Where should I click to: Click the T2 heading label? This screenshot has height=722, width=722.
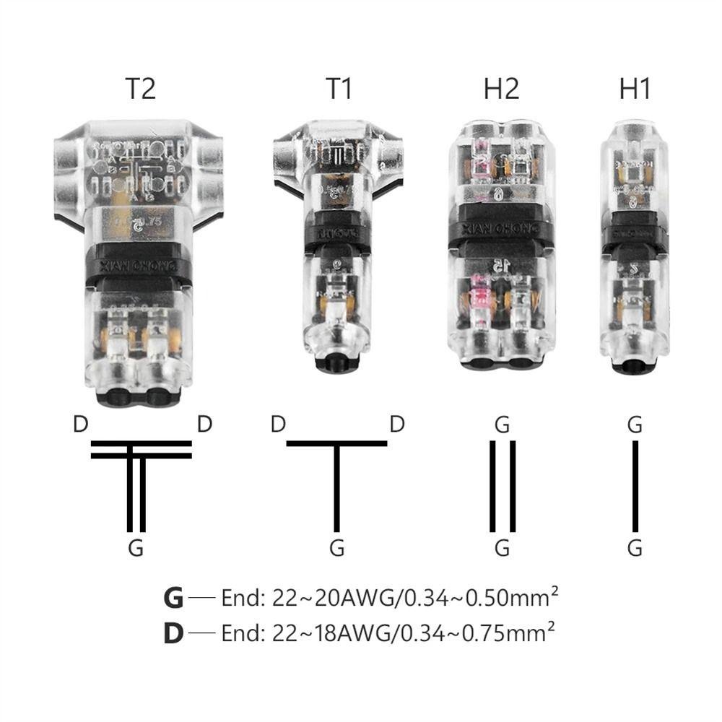pyautogui.click(x=140, y=89)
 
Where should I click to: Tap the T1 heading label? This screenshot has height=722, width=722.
pyautogui.click(x=340, y=89)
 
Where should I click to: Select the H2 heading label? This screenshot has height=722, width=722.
pyautogui.click(x=501, y=89)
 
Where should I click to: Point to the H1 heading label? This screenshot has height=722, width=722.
pyautogui.click(x=635, y=89)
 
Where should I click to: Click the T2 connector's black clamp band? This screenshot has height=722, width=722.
pyautogui.click(x=137, y=269)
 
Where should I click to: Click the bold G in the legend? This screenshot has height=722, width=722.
pyautogui.click(x=173, y=598)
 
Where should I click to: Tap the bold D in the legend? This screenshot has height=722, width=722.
pyautogui.click(x=173, y=633)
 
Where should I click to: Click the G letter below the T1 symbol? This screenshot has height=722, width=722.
pyautogui.click(x=336, y=548)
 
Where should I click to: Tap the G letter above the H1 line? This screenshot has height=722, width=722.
pyautogui.click(x=635, y=425)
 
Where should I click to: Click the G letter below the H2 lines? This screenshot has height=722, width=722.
pyautogui.click(x=502, y=548)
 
